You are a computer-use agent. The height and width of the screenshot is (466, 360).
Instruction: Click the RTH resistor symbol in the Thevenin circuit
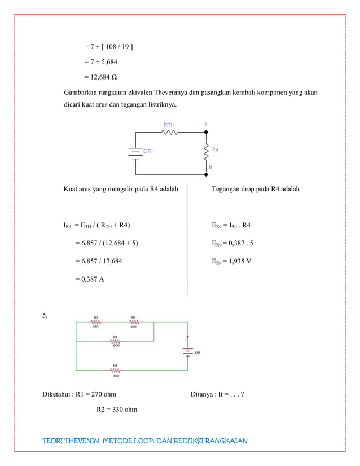click(170, 133)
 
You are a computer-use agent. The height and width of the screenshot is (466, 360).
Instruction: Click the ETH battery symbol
click(136, 152)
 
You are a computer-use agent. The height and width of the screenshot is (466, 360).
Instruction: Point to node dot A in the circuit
click(206, 132)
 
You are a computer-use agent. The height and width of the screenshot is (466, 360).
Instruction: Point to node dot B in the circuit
click(206, 174)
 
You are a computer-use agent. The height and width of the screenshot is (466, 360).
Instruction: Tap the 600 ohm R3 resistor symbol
click(115, 342)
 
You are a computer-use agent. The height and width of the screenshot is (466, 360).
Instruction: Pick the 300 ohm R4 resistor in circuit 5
click(115, 371)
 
